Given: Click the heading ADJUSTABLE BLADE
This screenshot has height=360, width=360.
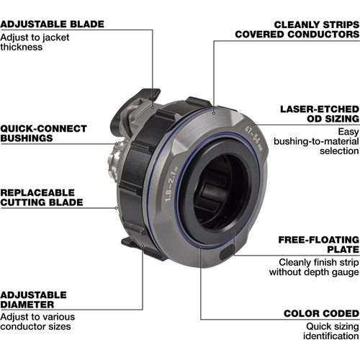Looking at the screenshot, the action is pyautogui.click(x=52, y=24).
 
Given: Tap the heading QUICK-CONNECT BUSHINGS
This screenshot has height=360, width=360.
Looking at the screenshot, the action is pyautogui.click(x=43, y=133).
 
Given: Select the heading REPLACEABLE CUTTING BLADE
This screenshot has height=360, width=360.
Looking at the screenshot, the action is pyautogui.click(x=42, y=197).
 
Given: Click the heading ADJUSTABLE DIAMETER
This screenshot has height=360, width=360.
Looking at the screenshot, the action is pyautogui.click(x=33, y=300).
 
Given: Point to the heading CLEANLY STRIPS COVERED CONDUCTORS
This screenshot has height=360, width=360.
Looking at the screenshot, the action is pyautogui.click(x=297, y=30).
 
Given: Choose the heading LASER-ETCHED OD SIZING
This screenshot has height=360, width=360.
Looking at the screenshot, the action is pyautogui.click(x=320, y=114).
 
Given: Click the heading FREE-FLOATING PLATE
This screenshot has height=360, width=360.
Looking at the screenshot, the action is pyautogui.click(x=319, y=245).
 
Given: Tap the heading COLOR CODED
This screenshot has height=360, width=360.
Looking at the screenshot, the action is pyautogui.click(x=322, y=313).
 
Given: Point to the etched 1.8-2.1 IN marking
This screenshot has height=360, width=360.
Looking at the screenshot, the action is pyautogui.click(x=171, y=184).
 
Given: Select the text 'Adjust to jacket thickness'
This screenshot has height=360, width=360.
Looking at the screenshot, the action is pyautogui.click(x=35, y=42).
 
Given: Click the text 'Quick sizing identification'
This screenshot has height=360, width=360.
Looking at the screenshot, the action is pyautogui.click(x=331, y=331).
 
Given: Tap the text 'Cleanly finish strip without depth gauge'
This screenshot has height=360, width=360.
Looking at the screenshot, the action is pyautogui.click(x=314, y=267).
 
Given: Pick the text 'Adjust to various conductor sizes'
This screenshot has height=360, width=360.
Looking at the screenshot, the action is pyautogui.click(x=37, y=322).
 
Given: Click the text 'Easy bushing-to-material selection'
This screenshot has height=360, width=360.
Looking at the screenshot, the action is pyautogui.click(x=317, y=141).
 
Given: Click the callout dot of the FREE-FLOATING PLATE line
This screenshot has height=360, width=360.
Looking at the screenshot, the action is pyautogui.click(x=234, y=231).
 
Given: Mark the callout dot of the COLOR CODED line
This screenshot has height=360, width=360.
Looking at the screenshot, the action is pyautogui.click(x=201, y=246).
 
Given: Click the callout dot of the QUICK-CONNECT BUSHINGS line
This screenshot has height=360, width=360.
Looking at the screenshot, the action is pyautogui.click(x=117, y=144).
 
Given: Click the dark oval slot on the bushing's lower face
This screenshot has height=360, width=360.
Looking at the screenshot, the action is pyautogui.click(x=227, y=253).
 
